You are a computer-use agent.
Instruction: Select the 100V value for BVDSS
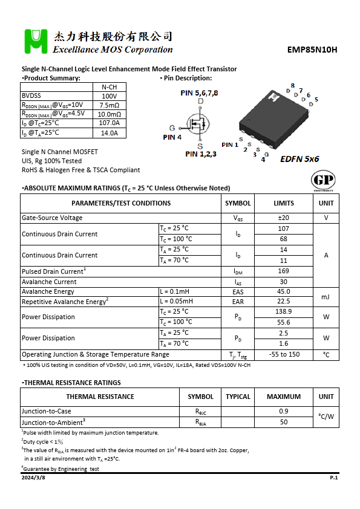coord(110,96)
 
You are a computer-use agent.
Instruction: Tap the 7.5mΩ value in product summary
coord(110,105)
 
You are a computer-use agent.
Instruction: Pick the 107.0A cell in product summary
coord(110,123)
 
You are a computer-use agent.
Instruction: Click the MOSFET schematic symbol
coord(197,126)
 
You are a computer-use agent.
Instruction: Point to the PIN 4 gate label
coord(172,137)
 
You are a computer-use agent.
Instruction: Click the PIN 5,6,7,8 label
coord(199,93)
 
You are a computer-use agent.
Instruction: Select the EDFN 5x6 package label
coord(299,159)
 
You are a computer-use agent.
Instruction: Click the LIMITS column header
coord(284,203)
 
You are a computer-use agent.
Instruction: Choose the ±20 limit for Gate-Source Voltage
coord(284,218)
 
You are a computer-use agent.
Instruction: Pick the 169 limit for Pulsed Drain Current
coord(284,271)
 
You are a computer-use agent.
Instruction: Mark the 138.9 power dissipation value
coord(284,311)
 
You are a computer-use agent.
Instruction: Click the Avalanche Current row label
coord(49,282)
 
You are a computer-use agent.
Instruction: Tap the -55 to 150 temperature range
coord(284,354)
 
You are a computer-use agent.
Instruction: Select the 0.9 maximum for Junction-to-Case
coord(284,412)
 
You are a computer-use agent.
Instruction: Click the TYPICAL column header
coord(238,397)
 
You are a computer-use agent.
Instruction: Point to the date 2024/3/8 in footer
coord(33,478)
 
